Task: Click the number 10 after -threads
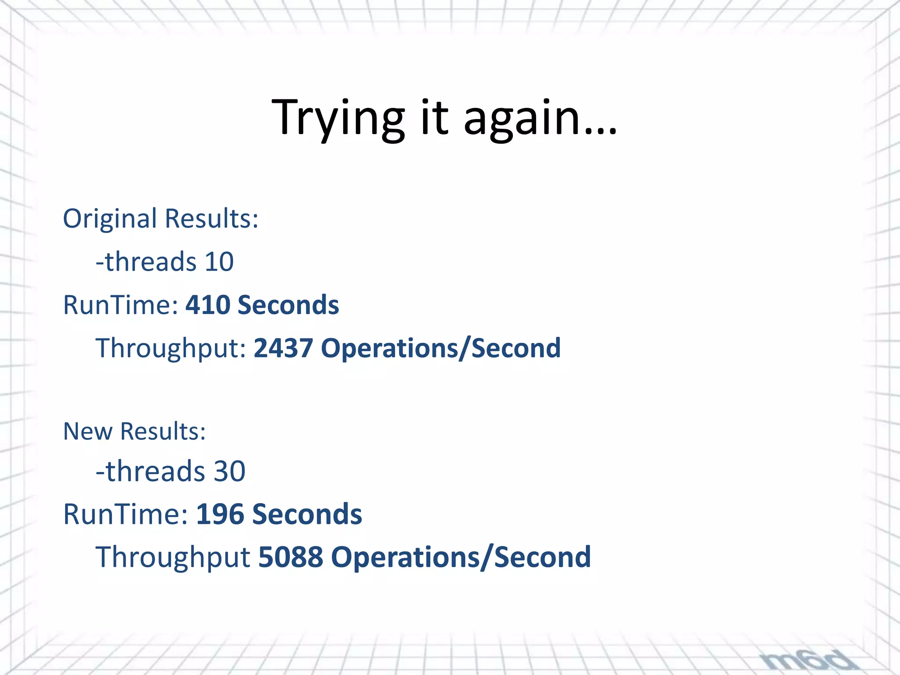click(219, 262)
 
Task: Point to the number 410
click(207, 305)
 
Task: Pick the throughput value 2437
click(283, 348)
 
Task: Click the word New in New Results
click(88, 431)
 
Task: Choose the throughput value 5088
click(290, 557)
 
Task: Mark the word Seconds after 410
click(288, 305)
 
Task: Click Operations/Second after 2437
click(441, 348)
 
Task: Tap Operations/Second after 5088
click(461, 557)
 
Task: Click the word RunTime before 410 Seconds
click(120, 305)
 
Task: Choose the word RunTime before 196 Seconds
click(125, 514)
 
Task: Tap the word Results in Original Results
click(211, 219)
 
